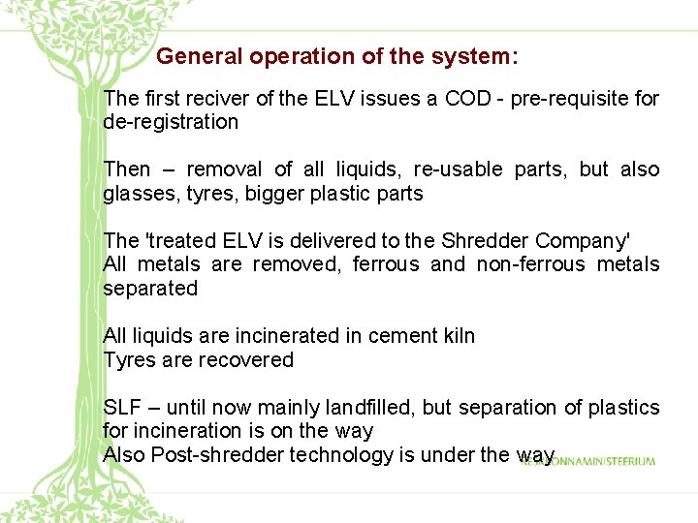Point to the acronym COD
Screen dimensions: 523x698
468,99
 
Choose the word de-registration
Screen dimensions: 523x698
171,122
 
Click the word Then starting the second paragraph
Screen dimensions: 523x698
127,169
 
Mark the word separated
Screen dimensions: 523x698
150,289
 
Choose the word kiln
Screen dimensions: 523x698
456,336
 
